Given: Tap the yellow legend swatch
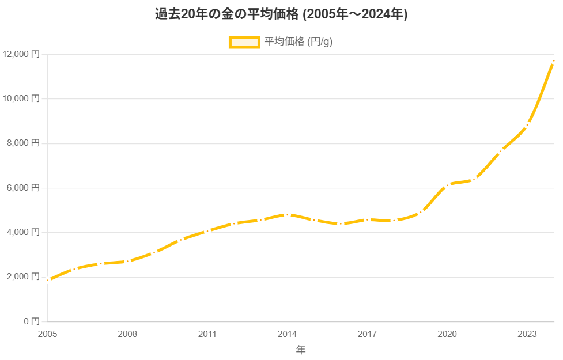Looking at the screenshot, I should (x=244, y=42).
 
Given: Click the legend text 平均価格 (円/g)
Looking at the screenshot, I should (x=298, y=42).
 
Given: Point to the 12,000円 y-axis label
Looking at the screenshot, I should (x=21, y=54).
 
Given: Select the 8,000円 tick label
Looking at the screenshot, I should (x=23, y=143).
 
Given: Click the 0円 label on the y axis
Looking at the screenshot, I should (x=31, y=321).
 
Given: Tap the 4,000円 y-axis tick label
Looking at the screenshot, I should (x=23, y=232).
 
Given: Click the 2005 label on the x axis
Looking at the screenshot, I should (x=47, y=334).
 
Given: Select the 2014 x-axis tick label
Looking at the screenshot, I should (x=287, y=334).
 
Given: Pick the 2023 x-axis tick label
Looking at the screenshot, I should (x=527, y=334).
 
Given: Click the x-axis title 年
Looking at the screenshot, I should (x=301, y=350).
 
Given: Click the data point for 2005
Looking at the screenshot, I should (x=47, y=281).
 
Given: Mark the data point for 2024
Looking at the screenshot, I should (x=554, y=60).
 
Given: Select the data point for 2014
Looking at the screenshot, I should (x=287, y=215).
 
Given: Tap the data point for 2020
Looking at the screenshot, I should (x=447, y=185).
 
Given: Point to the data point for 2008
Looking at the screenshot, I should (x=127, y=262).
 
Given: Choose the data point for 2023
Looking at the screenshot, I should (x=527, y=125).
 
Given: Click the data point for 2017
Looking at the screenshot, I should (x=367, y=219).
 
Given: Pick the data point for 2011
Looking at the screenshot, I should (x=207, y=230).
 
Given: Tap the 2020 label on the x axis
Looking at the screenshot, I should (x=447, y=334).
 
